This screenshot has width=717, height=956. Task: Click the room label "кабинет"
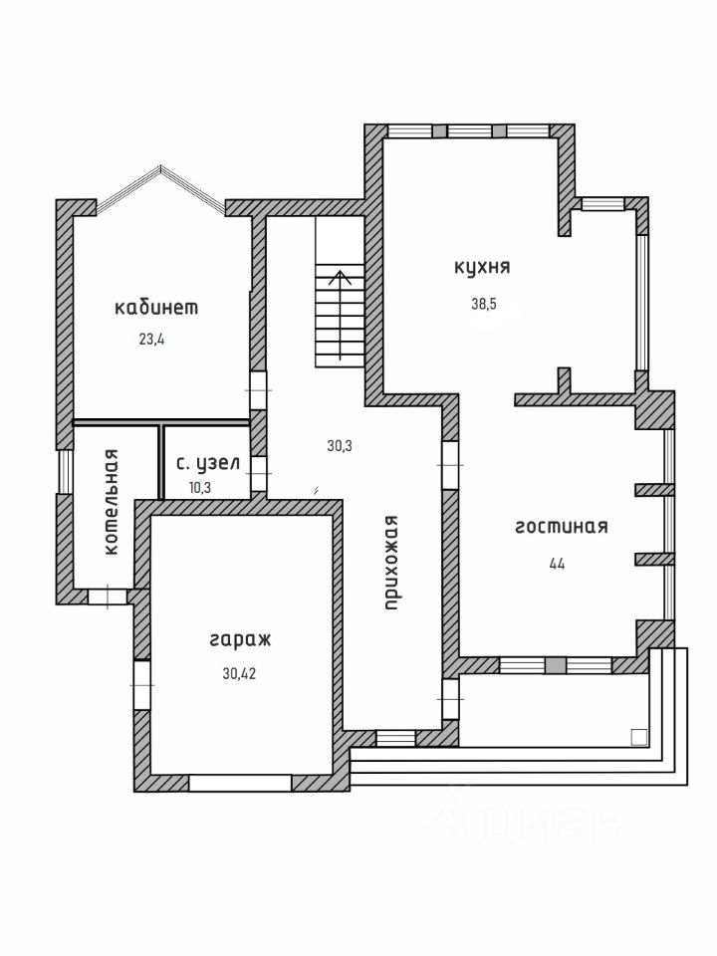[156, 308]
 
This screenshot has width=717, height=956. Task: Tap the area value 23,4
[152, 339]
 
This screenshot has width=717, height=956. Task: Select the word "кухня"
[482, 267]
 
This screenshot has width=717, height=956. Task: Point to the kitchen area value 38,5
[483, 305]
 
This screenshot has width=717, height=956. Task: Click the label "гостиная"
[561, 527]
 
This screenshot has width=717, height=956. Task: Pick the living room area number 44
[557, 563]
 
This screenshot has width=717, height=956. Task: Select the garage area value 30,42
[240, 673]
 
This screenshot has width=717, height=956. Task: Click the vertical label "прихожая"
[393, 562]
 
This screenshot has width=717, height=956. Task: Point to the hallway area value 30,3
[340, 446]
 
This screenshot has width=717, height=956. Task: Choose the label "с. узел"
[207, 463]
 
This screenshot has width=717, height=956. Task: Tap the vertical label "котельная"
[112, 502]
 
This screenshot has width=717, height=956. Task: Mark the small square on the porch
[638, 737]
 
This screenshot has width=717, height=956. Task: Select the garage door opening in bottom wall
[239, 783]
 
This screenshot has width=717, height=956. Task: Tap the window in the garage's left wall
[142, 685]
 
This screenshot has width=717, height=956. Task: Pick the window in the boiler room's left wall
[65, 472]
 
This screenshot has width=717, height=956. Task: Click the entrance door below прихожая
[395, 738]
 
